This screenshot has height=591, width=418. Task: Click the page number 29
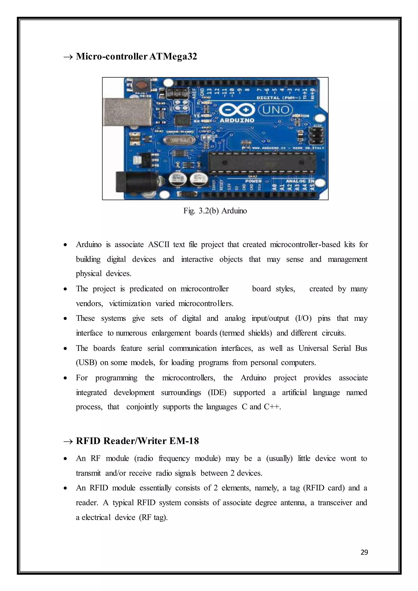364,552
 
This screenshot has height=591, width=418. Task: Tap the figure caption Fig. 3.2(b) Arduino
215,211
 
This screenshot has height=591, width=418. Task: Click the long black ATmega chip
261,162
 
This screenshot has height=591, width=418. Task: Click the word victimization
130,303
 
